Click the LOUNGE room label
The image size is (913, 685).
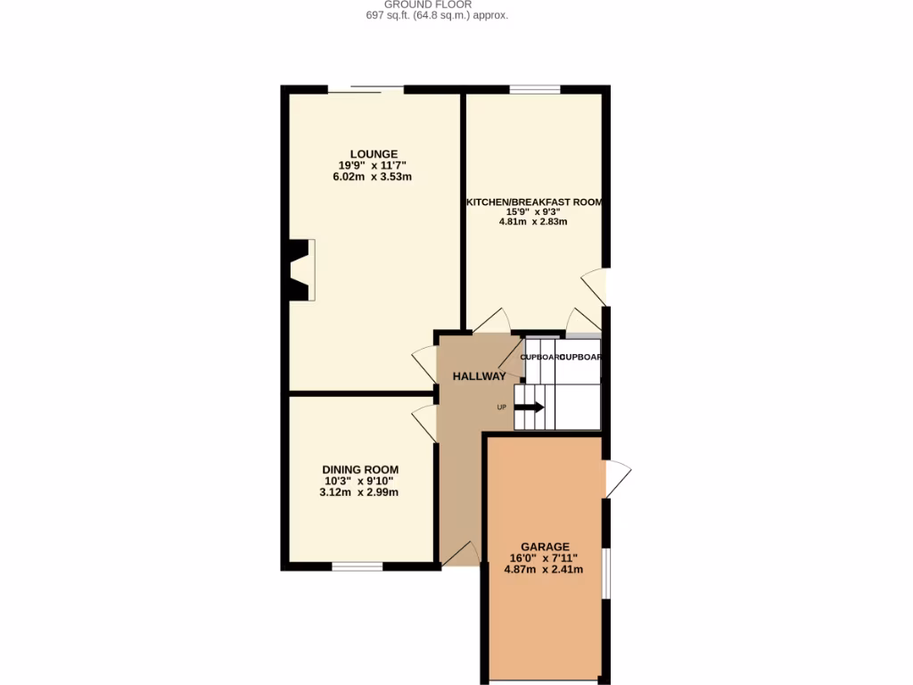pyautogui.click(x=373, y=153)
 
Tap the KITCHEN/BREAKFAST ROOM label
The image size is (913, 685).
pyautogui.click(x=535, y=202)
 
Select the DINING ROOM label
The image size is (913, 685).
pyautogui.click(x=360, y=469)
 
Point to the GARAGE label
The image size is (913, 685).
pyautogui.click(x=545, y=547)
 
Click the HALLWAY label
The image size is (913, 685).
pyautogui.click(x=479, y=376)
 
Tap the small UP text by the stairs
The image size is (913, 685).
pyautogui.click(x=501, y=408)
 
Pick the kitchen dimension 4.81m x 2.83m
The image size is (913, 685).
pyautogui.click(x=535, y=222)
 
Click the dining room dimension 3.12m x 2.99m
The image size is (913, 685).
pyautogui.click(x=360, y=492)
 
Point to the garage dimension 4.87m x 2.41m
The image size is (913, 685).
pyautogui.click(x=544, y=569)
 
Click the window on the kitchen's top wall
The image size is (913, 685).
pyautogui.click(x=535, y=89)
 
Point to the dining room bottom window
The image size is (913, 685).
pyautogui.click(x=358, y=565)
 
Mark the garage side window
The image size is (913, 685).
pyautogui.click(x=605, y=572)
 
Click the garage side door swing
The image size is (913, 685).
pyautogui.click(x=617, y=479)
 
